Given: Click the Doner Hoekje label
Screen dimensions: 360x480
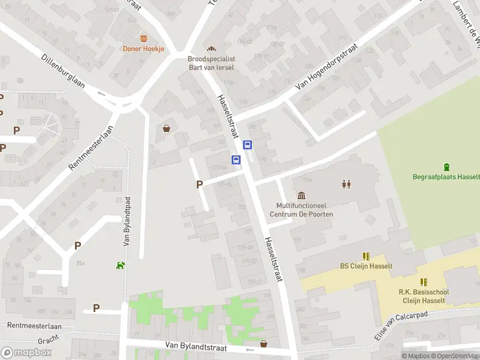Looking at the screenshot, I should (x=143, y=49).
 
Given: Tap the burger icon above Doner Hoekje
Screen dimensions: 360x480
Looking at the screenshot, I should (x=143, y=38).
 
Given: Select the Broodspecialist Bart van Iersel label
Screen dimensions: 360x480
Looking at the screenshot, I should (x=211, y=63).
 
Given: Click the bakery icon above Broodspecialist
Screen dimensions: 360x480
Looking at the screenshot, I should (x=211, y=49).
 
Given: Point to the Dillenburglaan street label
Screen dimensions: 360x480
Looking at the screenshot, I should (x=64, y=72).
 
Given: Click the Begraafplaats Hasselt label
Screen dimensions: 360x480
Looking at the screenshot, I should (x=446, y=177).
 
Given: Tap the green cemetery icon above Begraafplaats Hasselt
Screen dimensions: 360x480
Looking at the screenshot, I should (x=446, y=167).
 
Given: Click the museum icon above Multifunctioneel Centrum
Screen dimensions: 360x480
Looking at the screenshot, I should (x=301, y=196).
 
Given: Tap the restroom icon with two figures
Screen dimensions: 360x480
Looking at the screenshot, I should (x=346, y=184).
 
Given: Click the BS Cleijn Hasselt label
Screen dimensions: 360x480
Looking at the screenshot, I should (x=366, y=266).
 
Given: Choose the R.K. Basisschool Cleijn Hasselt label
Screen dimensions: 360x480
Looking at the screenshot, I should (x=424, y=296).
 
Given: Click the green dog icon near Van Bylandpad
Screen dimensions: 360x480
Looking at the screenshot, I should (x=121, y=265).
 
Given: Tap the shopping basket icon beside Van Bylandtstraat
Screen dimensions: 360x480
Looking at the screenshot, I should (x=263, y=344).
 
